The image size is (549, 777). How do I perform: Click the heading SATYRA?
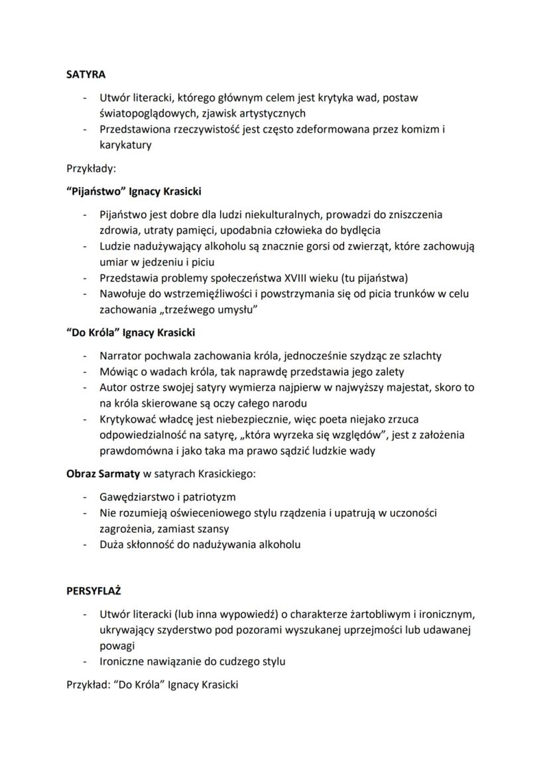tap(86, 74)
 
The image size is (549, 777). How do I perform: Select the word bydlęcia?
tap(358, 230)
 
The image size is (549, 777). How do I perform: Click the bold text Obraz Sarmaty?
tap(103, 474)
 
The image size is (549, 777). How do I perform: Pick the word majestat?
tap(400, 387)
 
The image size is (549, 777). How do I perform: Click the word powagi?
tap(117, 645)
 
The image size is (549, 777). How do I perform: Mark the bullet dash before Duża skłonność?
tap(85, 545)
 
